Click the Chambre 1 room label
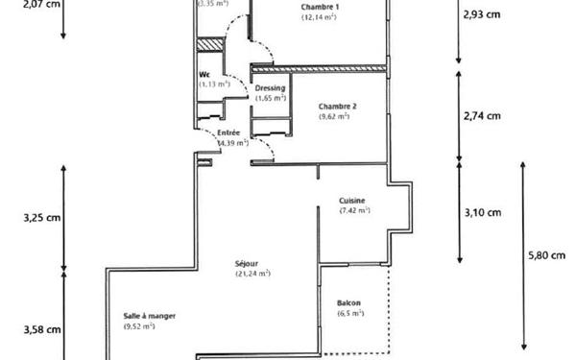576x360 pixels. [x=319, y=7]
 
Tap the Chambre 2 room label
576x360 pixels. [x=337, y=106]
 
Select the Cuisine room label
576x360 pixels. [x=351, y=200]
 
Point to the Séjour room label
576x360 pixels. [x=252, y=263]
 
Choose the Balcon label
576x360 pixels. [x=349, y=303]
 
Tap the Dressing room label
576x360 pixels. [x=271, y=87]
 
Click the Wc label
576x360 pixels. [x=204, y=74]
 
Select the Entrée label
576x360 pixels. [x=229, y=132]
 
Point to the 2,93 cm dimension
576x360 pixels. [x=481, y=14]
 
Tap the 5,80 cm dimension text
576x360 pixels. [x=548, y=256]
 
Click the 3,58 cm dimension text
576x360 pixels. [x=41, y=329]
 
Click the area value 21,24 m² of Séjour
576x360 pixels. [x=252, y=274]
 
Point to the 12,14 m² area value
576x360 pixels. [x=319, y=17]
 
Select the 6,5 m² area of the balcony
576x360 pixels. [x=350, y=314]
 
